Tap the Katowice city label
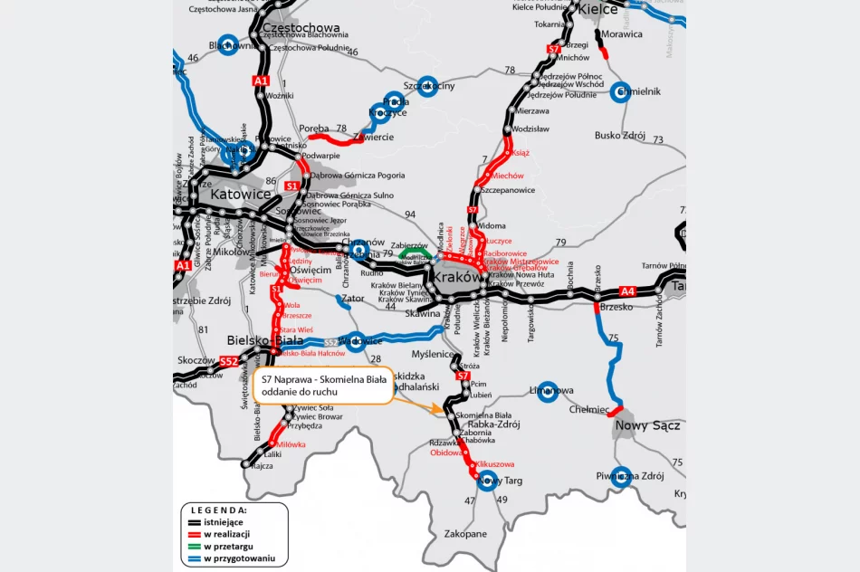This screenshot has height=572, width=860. [x=241, y=194]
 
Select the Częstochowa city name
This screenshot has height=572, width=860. [x=300, y=28]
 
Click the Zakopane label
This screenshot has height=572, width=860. [x=464, y=534]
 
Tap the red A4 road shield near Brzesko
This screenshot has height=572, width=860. [x=627, y=291]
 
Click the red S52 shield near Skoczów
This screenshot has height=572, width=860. [x=228, y=361]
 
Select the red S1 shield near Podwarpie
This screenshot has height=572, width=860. [x=292, y=186]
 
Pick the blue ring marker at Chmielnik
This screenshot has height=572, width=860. [x=620, y=91]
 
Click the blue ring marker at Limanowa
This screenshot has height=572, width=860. [x=547, y=390]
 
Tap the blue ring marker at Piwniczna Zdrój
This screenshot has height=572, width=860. [x=620, y=476]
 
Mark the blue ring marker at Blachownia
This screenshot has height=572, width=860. [x=232, y=45]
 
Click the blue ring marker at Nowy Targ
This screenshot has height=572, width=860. [x=488, y=480]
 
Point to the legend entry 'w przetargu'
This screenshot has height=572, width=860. [x=227, y=546]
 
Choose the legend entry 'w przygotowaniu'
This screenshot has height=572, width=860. [x=238, y=558]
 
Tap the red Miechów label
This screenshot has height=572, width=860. [x=508, y=176]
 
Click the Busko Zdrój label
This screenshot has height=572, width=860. [x=620, y=136]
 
